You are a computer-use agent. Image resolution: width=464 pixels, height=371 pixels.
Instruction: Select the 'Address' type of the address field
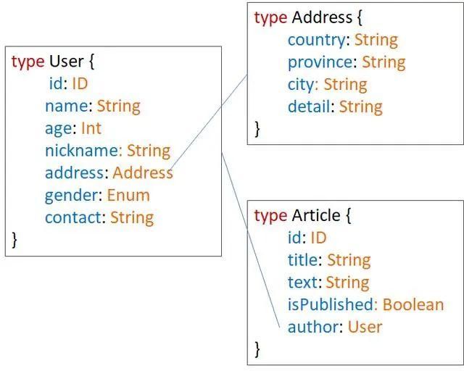[143, 173]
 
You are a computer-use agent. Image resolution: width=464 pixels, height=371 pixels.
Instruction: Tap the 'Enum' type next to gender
[128, 195]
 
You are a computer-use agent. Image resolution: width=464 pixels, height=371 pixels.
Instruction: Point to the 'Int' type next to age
[91, 128]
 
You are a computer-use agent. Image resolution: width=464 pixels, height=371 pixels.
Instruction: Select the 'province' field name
[322, 62]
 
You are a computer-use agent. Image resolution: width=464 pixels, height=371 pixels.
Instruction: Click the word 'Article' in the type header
[315, 215]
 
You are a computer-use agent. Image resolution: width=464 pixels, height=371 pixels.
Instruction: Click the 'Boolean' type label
[413, 304]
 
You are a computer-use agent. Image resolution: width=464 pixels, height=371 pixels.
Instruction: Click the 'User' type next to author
[365, 327]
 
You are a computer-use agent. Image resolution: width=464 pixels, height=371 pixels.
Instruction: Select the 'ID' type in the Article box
[318, 238]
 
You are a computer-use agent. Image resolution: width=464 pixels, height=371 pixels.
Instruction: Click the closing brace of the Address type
[257, 128]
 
